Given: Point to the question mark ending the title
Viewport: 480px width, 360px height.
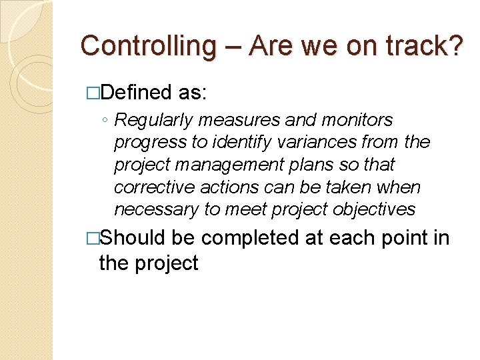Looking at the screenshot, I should [455, 46].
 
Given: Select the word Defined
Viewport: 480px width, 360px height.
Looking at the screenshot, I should [139, 93].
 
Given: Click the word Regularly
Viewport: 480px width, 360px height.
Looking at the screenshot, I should [151, 121].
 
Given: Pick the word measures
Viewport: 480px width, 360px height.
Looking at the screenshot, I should [225, 121].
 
